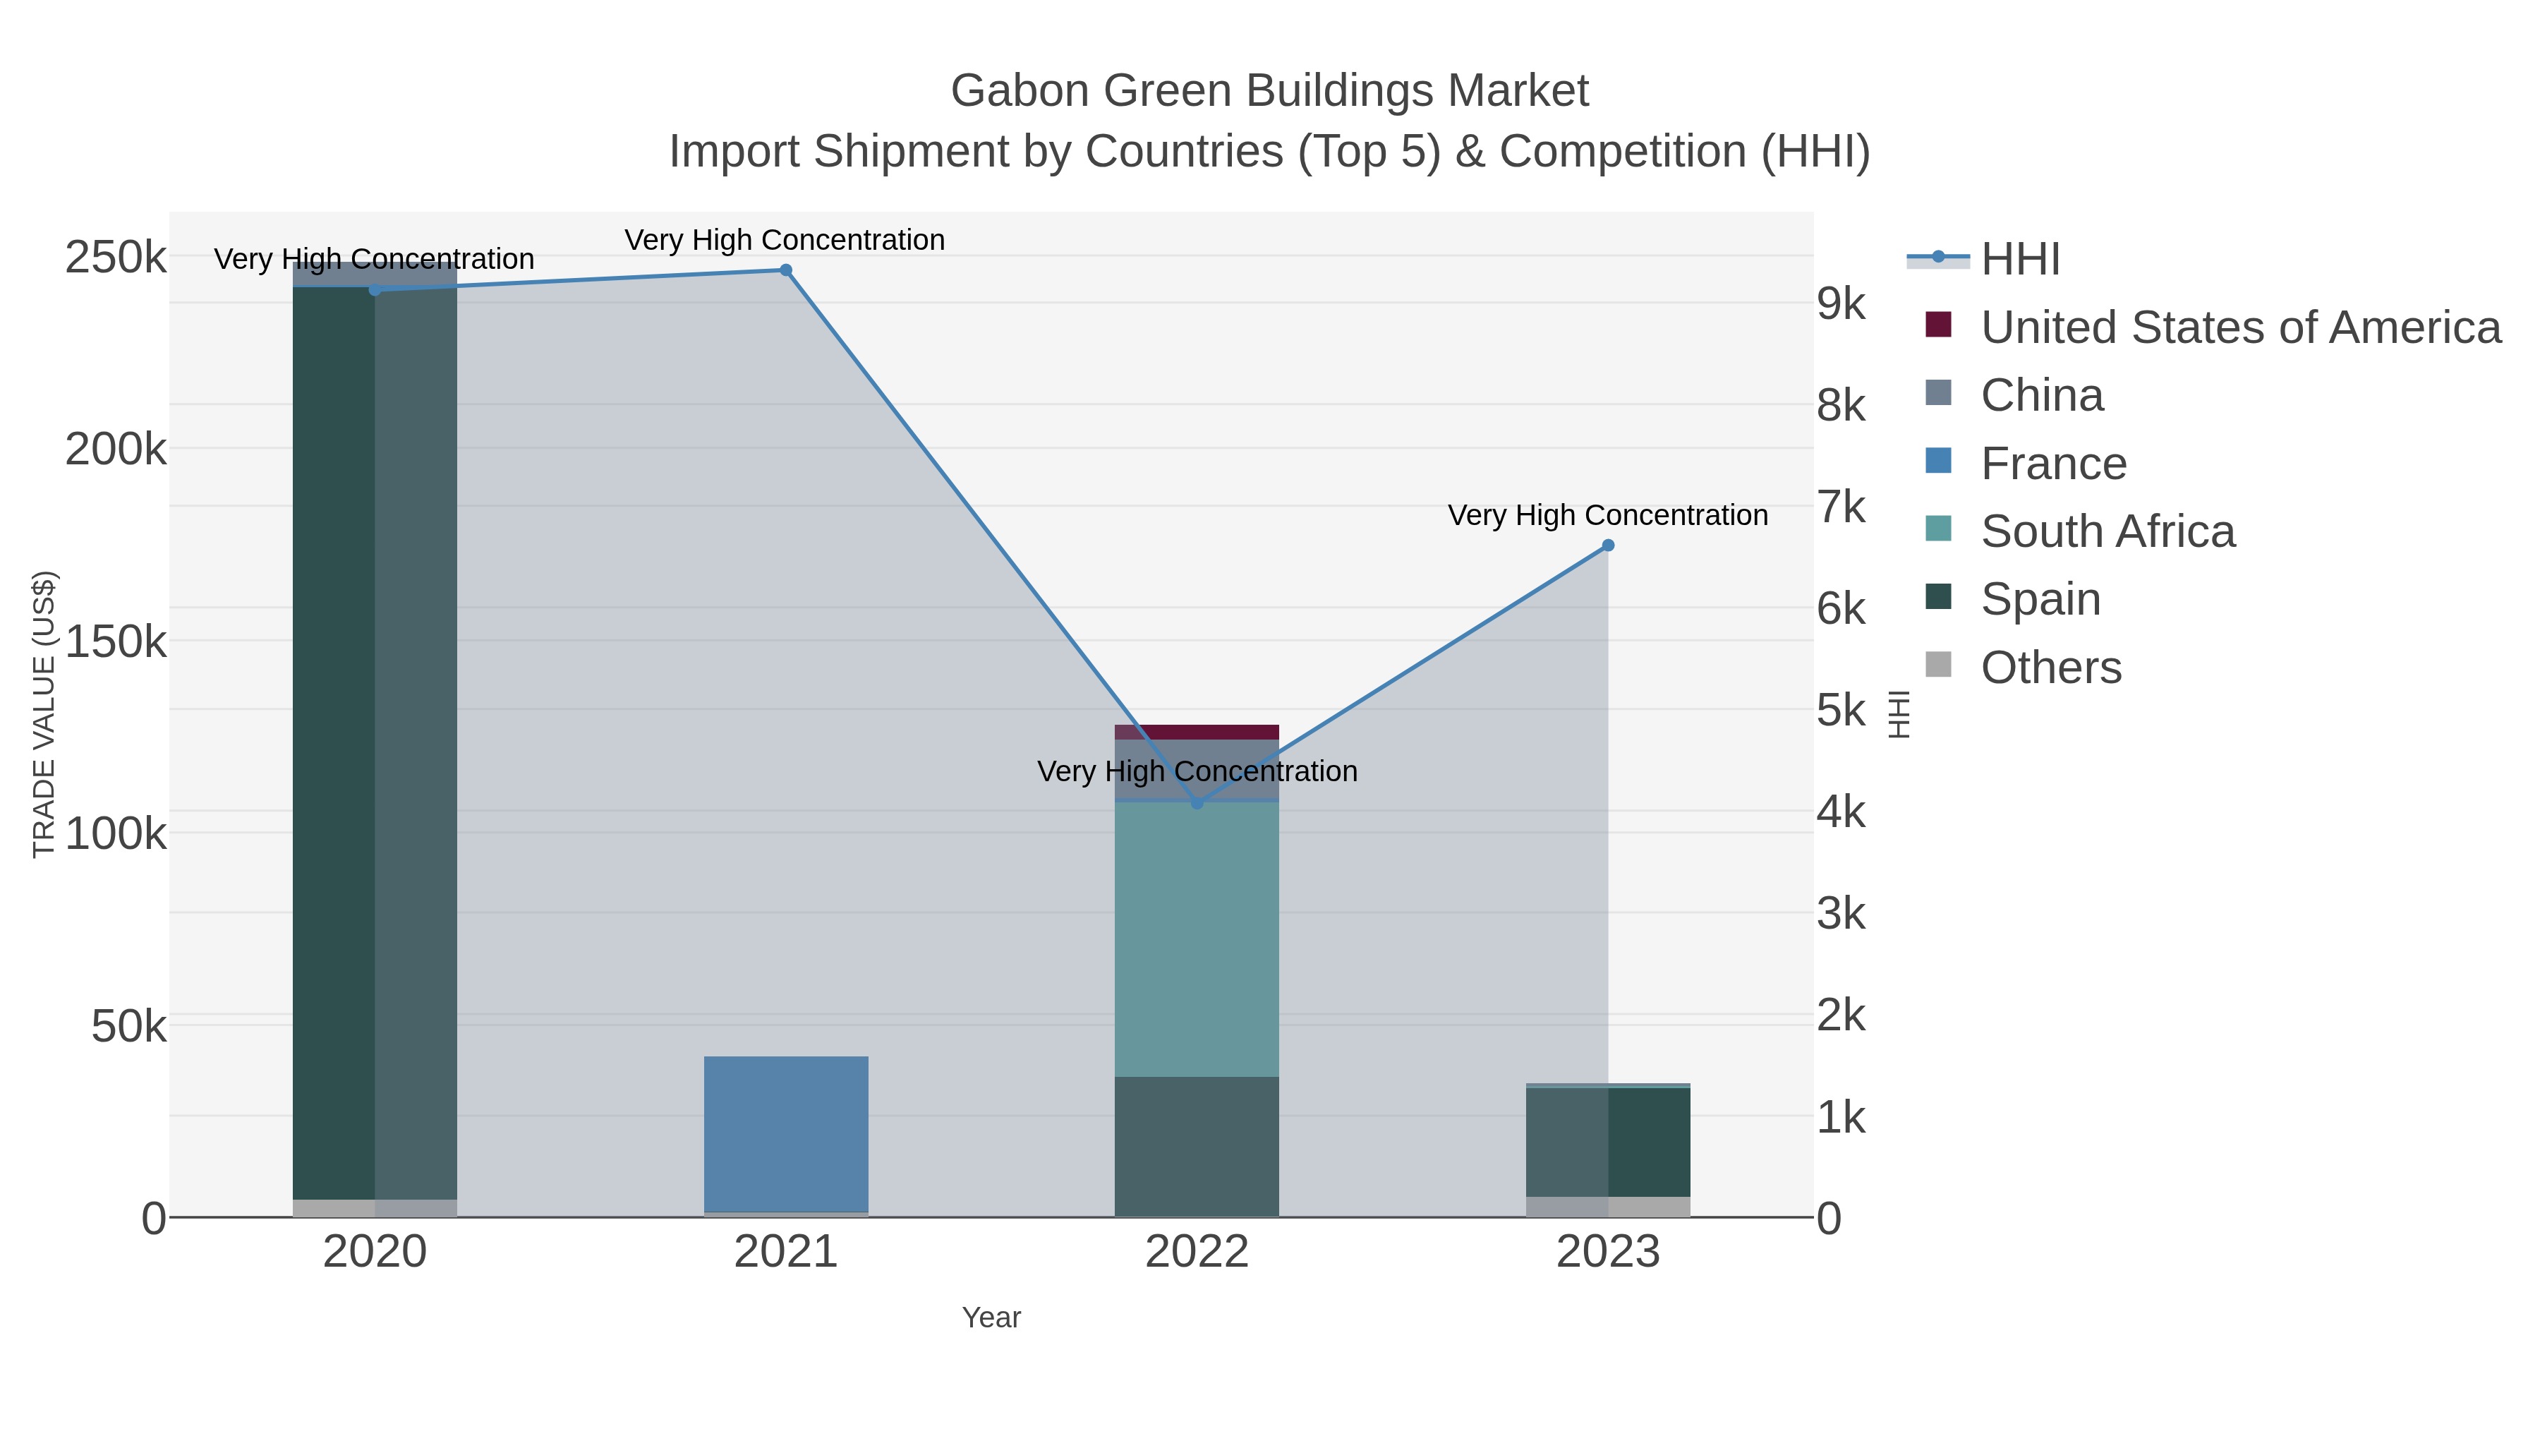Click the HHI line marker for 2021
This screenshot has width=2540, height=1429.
pyautogui.click(x=786, y=270)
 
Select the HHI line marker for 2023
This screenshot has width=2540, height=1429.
pyautogui.click(x=1607, y=545)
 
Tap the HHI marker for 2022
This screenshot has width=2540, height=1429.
pyautogui.click(x=1197, y=803)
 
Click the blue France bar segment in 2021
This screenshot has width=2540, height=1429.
pyautogui.click(x=786, y=1133)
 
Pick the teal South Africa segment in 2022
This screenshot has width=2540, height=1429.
pyautogui.click(x=1197, y=937)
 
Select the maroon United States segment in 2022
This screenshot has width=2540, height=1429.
pyautogui.click(x=1197, y=732)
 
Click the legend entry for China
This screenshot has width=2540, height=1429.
pyautogui.click(x=2041, y=395)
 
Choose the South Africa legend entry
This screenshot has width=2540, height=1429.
pyautogui.click(x=2107, y=531)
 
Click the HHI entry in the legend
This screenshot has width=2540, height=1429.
pyautogui.click(x=2019, y=260)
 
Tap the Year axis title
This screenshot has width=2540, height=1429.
pyautogui.click(x=991, y=1318)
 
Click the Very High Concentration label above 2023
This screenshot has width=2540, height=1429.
pyautogui.click(x=1607, y=515)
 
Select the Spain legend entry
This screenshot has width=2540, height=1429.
pyautogui.click(x=2040, y=600)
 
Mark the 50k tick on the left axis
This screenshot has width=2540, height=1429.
pyautogui.click(x=128, y=1027)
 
